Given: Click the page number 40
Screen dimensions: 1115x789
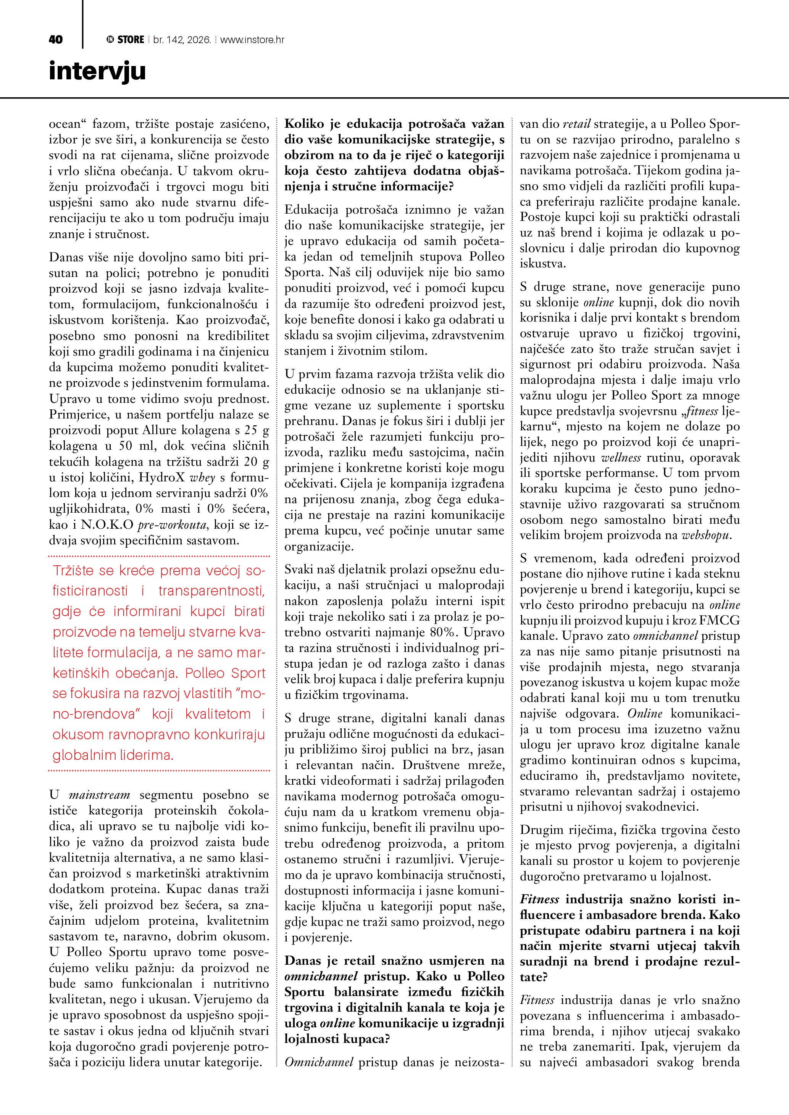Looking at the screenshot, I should pyautogui.click(x=56, y=40).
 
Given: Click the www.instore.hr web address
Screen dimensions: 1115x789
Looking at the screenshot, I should pyautogui.click(x=252, y=40).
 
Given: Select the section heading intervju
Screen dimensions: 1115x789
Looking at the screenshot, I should pyautogui.click(x=97, y=72).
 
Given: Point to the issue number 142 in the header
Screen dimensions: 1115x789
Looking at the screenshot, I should pyautogui.click(x=174, y=40).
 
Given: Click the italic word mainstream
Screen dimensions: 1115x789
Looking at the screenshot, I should pyautogui.click(x=100, y=795).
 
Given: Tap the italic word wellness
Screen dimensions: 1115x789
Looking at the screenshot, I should pyautogui.click(x=621, y=457).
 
